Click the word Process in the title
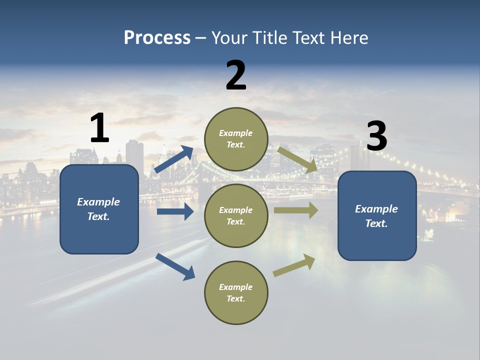point(157,37)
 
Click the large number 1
point(99,128)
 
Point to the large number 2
point(236,75)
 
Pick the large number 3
point(376,136)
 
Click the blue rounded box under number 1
point(99,209)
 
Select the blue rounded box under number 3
point(377,216)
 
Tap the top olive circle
point(236,139)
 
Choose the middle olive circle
point(236,215)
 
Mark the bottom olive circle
point(236,292)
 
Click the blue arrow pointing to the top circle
point(174,159)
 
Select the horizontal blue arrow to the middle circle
point(175,211)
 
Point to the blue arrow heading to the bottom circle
point(175,266)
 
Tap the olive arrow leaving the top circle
point(297,159)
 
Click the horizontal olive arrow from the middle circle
point(296,210)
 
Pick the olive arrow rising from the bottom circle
point(294,265)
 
